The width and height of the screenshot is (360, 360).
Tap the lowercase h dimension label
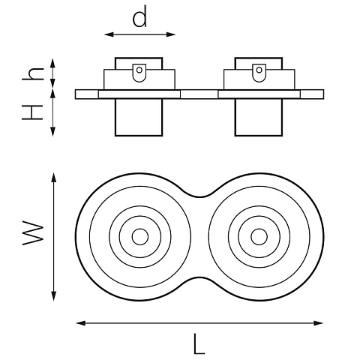[33, 74]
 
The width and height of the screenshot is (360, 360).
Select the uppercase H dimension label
[33, 112]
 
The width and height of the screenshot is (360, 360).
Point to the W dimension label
[33, 232]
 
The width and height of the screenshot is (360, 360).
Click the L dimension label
[199, 343]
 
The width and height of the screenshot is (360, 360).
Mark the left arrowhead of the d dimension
[109, 34]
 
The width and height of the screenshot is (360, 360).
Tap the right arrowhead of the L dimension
[318, 323]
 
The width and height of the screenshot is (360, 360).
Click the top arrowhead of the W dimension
[53, 178]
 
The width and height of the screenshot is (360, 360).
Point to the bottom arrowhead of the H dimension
[52, 131]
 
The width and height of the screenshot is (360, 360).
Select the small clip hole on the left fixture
[139, 70]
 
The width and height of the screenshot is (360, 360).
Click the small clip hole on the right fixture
[259, 70]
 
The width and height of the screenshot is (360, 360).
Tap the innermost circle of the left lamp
[140, 236]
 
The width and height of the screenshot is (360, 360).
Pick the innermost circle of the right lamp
[259, 236]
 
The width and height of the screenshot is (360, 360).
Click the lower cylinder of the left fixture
[139, 118]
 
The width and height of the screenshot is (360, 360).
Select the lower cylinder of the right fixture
[259, 118]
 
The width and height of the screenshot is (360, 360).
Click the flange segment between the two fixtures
[199, 94]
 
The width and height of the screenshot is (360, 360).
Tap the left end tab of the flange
[87, 94]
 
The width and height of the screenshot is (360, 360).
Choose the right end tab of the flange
[312, 94]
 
